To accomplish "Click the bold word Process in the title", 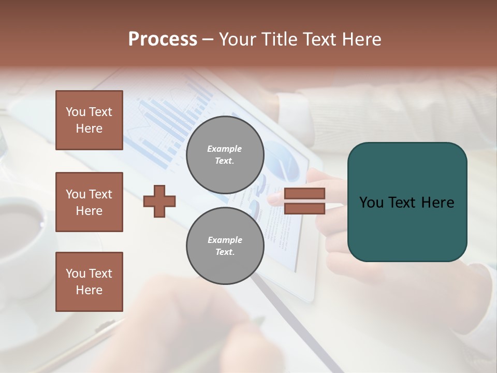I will (163, 39).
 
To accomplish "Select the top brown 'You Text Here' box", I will (89, 120).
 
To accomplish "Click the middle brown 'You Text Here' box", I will (89, 202).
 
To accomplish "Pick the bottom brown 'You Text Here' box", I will (89, 282).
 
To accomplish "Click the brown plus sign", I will (159, 202).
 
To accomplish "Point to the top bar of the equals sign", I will (304, 194).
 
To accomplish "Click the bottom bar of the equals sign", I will (304, 209).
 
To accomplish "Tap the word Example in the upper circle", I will (224, 149).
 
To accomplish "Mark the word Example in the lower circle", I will (225, 240).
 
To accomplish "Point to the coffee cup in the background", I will (21, 223).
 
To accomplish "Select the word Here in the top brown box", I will (89, 128).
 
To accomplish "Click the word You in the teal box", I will (371, 203).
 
